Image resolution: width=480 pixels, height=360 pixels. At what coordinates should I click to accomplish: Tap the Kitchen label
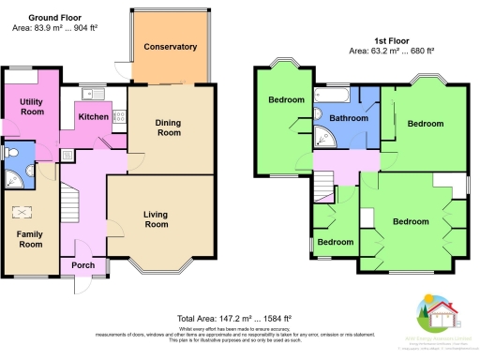[x=94, y=117]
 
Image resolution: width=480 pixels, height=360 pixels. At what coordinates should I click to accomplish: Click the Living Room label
[x=156, y=219]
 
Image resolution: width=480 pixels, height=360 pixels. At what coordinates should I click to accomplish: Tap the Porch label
[x=84, y=265]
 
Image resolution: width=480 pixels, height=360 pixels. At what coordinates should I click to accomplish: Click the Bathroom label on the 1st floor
[x=348, y=119]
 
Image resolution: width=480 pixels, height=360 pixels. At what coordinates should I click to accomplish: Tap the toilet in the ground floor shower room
[x=8, y=154]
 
